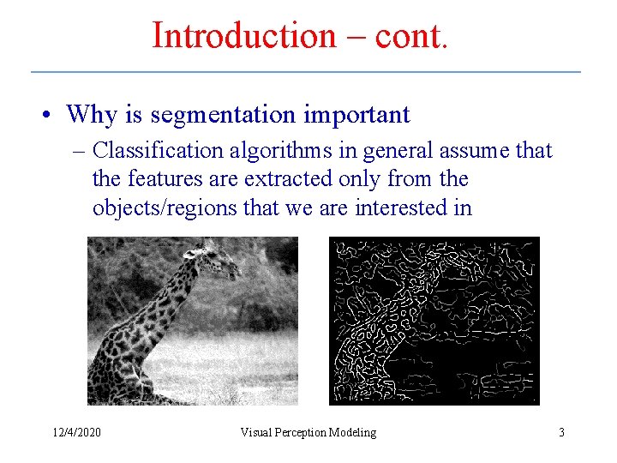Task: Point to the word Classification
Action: (158, 152)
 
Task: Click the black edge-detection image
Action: (434, 321)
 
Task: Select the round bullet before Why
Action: (52, 116)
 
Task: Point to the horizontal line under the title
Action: (306, 71)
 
